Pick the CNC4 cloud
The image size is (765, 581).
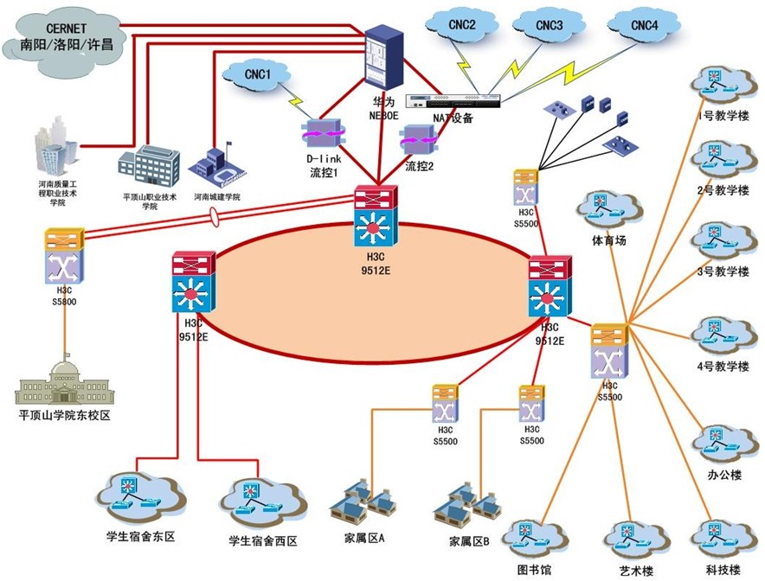click(644, 26)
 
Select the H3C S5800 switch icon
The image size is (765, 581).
click(65, 256)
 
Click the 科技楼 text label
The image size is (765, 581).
click(723, 569)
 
